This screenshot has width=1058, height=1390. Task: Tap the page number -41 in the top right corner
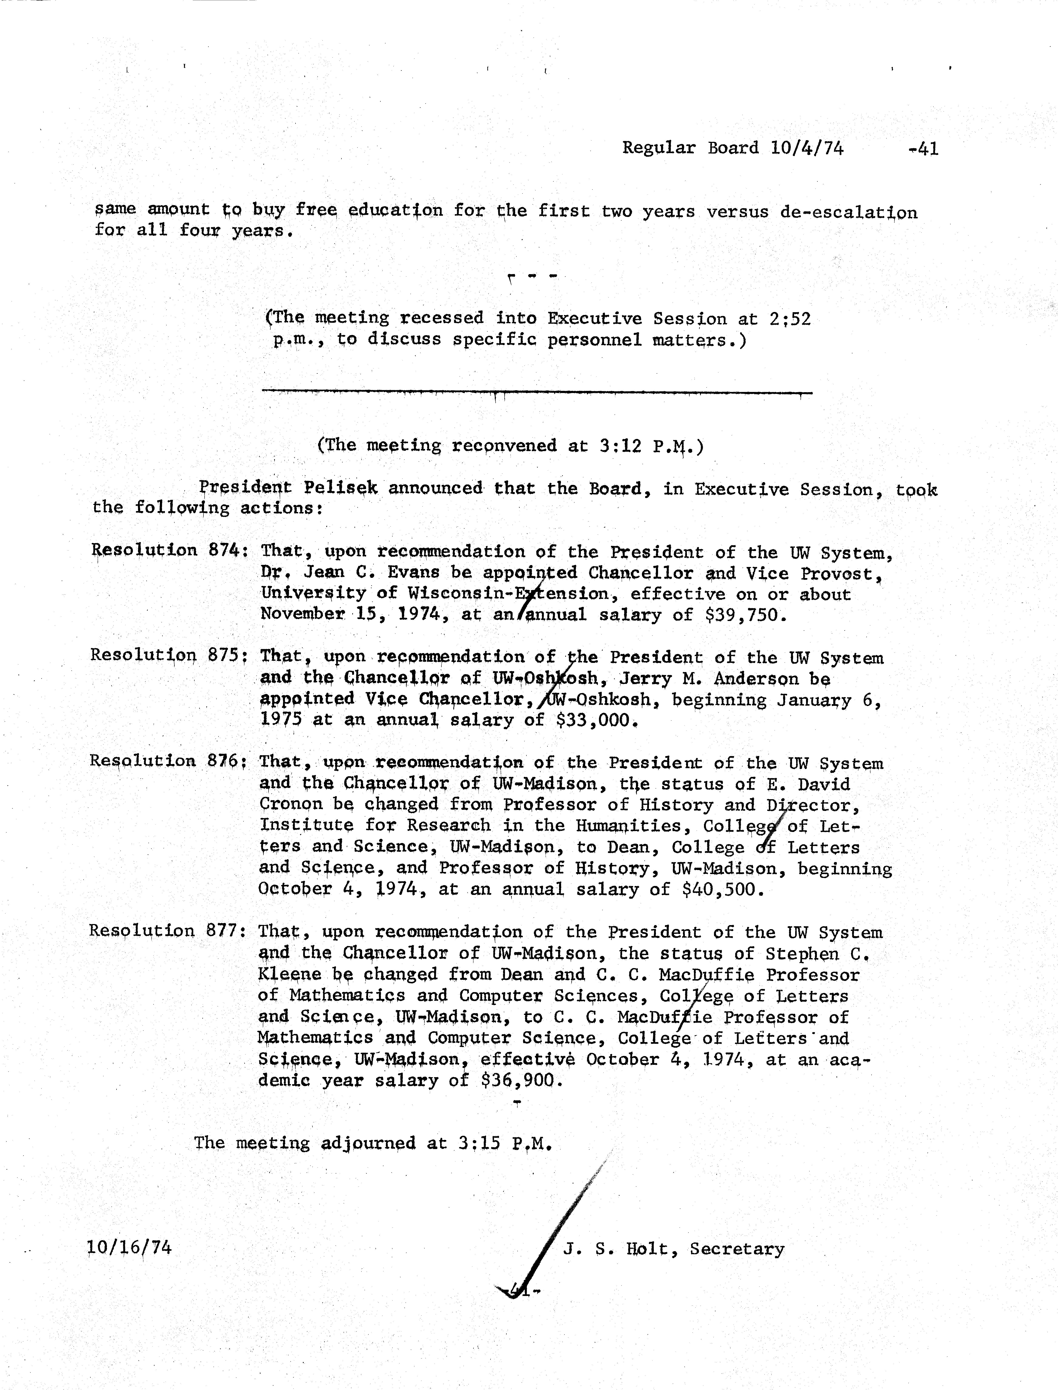[x=923, y=149]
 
